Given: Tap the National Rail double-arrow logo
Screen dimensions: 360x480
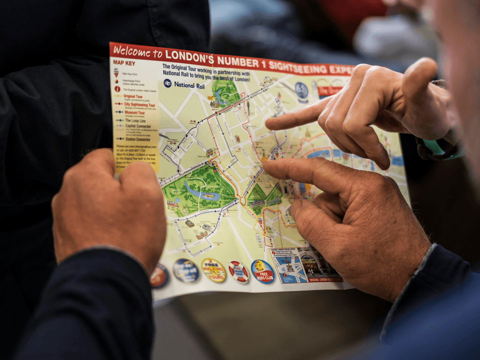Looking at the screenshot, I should pyautogui.click(x=167, y=83).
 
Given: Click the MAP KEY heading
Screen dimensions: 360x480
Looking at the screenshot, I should pyautogui.click(x=124, y=63).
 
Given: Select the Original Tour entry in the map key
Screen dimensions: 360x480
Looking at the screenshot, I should pyautogui.click(x=133, y=96).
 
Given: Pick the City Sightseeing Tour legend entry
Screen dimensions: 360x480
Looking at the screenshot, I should pyautogui.click(x=139, y=105).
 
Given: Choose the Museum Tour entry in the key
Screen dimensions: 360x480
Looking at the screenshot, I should pyautogui.click(x=134, y=113).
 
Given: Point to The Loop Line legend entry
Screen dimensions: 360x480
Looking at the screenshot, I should pyautogui.click(x=135, y=120).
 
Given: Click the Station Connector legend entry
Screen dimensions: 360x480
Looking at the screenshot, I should pyautogui.click(x=137, y=138).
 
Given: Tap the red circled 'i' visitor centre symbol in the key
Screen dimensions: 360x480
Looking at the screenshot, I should pyautogui.click(x=117, y=89).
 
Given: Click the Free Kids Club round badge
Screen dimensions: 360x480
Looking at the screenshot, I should pyautogui.click(x=262, y=271).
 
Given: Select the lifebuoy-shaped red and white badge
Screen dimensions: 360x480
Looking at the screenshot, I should pyautogui.click(x=238, y=271).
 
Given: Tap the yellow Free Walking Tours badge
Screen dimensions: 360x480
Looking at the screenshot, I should pyautogui.click(x=213, y=270).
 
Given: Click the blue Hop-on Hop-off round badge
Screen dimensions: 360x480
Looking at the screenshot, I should pyautogui.click(x=186, y=270).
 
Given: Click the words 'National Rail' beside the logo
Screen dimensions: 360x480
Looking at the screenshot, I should pyautogui.click(x=189, y=85).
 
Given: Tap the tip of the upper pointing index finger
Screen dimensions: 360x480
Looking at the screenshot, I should pyautogui.click(x=268, y=124).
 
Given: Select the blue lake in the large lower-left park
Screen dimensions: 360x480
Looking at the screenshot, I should pyautogui.click(x=200, y=191).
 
